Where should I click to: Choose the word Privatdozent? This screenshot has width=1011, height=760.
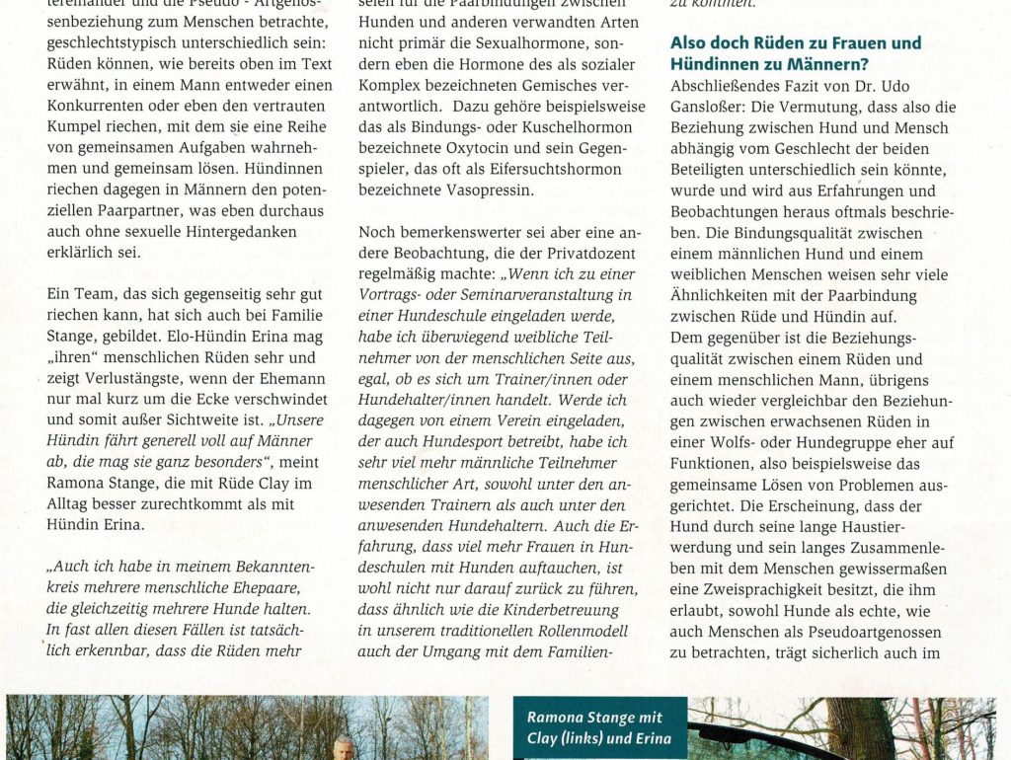(x=581, y=252)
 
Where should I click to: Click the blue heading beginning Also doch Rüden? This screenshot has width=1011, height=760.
(x=796, y=53)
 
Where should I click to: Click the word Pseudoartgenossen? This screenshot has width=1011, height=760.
(x=850, y=631)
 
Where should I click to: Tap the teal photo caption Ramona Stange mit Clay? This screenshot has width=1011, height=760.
(x=599, y=727)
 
